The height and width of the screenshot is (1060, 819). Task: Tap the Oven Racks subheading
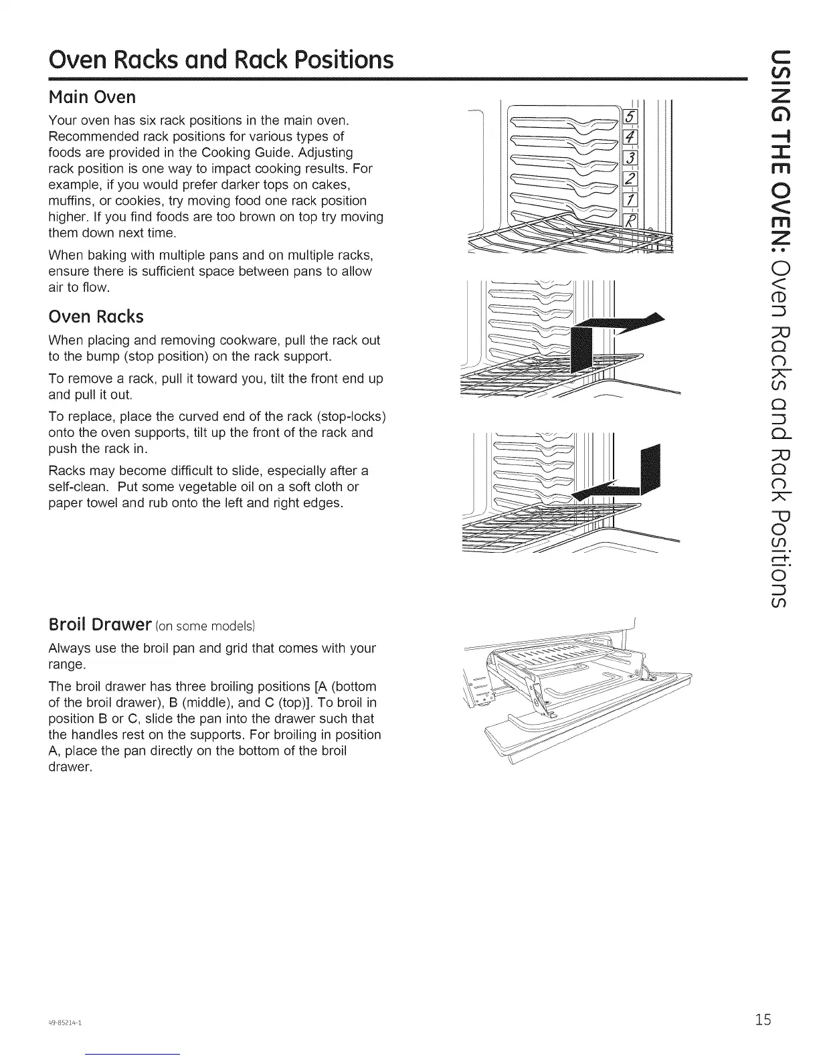[x=96, y=316]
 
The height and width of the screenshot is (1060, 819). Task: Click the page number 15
[x=762, y=1020]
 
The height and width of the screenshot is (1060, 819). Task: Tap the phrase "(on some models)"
[x=205, y=626]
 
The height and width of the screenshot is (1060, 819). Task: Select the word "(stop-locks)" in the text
[x=349, y=416]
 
